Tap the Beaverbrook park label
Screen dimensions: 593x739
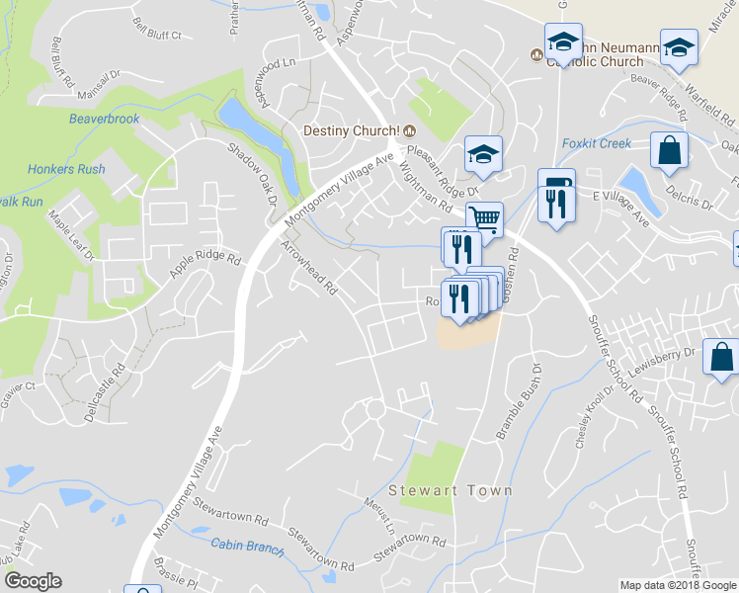click(x=104, y=119)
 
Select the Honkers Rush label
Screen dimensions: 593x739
click(x=66, y=169)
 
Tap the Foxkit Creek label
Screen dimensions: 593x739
click(x=596, y=143)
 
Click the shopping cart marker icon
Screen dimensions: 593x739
click(x=484, y=217)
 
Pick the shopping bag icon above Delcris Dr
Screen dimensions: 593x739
click(x=669, y=150)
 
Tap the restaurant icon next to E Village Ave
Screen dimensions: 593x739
click(x=556, y=201)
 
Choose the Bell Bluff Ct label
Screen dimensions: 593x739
click(x=157, y=28)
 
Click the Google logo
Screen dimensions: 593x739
click(x=33, y=581)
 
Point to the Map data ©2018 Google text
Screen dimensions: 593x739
click(x=677, y=585)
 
